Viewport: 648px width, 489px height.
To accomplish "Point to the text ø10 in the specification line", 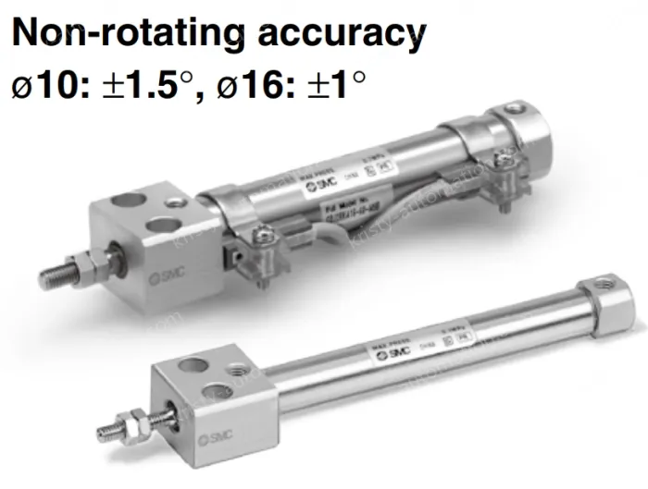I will (x=41, y=85).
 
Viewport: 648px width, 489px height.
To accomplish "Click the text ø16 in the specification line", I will (x=249, y=85).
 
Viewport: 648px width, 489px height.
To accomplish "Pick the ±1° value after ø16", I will (x=332, y=85).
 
